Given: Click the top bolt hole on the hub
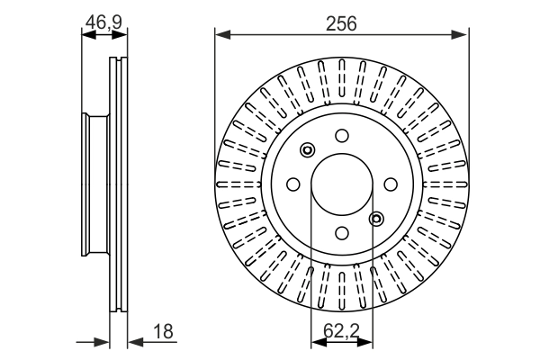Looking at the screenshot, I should pos(342,135).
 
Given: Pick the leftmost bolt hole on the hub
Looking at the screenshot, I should pos(292,184).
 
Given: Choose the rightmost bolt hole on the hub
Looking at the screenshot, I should pos(391,184).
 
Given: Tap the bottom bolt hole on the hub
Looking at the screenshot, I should pos(342,232).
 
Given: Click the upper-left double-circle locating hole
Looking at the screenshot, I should pos(308,150).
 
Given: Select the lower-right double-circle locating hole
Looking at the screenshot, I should pos(376,217).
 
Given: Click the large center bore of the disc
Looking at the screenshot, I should pos(342,184).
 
